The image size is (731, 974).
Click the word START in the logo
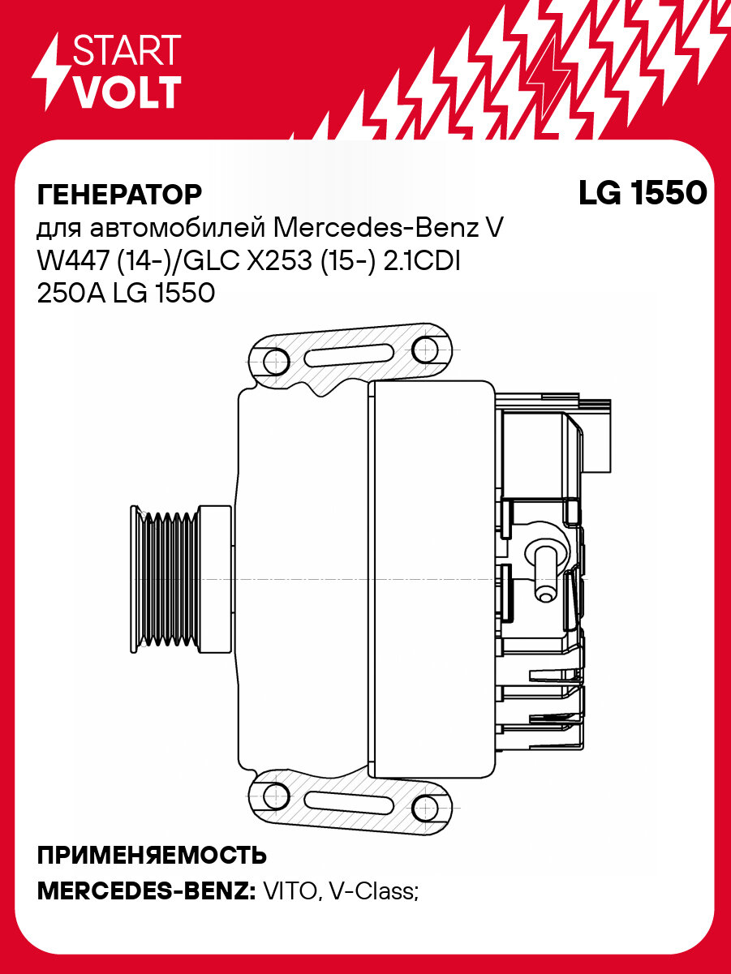[127, 50]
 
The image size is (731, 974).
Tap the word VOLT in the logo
[127, 92]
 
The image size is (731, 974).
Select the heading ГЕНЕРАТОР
[119, 195]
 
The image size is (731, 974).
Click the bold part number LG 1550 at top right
[642, 193]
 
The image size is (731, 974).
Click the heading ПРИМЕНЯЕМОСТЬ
[153, 856]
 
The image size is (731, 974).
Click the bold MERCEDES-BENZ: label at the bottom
[146, 892]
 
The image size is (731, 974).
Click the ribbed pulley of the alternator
[166, 580]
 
